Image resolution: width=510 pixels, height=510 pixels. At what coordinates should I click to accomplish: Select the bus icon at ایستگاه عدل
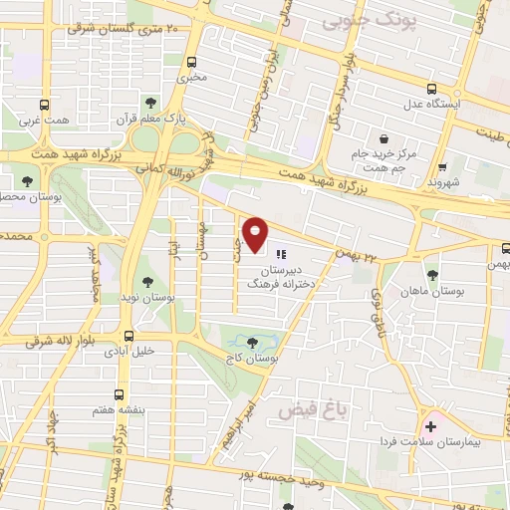[430, 87]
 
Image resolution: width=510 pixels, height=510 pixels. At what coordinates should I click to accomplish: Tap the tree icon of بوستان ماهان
[432, 275]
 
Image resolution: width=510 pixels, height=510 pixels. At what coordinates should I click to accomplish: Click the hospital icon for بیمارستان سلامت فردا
[430, 425]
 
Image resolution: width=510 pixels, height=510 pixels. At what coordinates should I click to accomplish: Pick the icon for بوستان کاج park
[248, 342]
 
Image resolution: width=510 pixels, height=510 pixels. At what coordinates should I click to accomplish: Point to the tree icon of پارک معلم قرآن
[150, 102]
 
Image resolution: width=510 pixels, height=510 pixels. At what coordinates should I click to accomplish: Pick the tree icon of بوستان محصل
[28, 182]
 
